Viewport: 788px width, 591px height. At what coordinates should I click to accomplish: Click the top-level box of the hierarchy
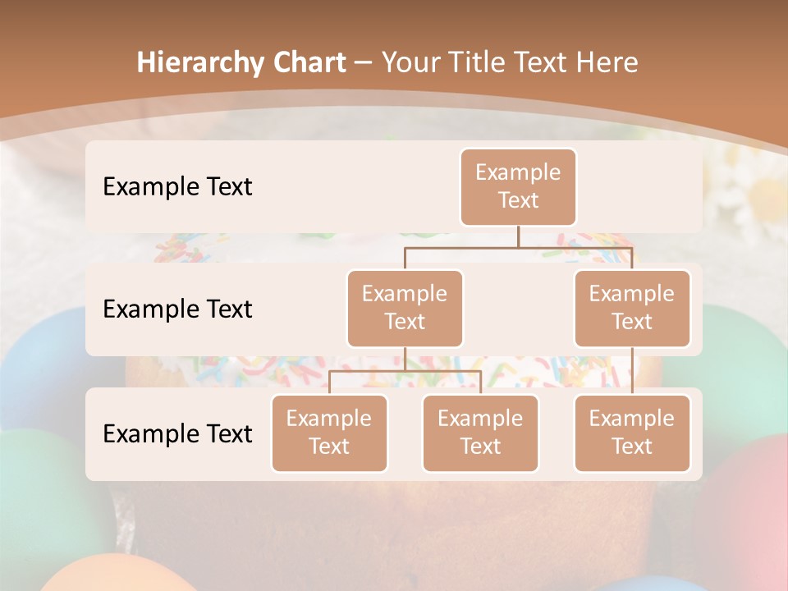[518, 187]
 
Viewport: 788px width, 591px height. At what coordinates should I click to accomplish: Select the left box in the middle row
[405, 308]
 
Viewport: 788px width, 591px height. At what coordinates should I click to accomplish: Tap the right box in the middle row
[632, 308]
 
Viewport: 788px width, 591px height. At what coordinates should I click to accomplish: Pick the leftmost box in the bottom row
[329, 433]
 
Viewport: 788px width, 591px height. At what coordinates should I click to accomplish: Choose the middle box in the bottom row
[480, 433]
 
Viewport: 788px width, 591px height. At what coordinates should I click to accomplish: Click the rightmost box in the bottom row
[632, 433]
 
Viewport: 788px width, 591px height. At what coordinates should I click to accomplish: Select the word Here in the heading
[607, 62]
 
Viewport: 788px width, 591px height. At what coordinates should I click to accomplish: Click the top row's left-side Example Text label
[177, 187]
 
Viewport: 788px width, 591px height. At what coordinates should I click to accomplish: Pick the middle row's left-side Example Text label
[177, 309]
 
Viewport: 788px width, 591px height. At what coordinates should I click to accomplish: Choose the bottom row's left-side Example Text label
[177, 433]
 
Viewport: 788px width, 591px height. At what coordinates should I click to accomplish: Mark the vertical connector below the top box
[518, 236]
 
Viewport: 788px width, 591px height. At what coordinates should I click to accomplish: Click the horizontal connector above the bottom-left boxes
[405, 371]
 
